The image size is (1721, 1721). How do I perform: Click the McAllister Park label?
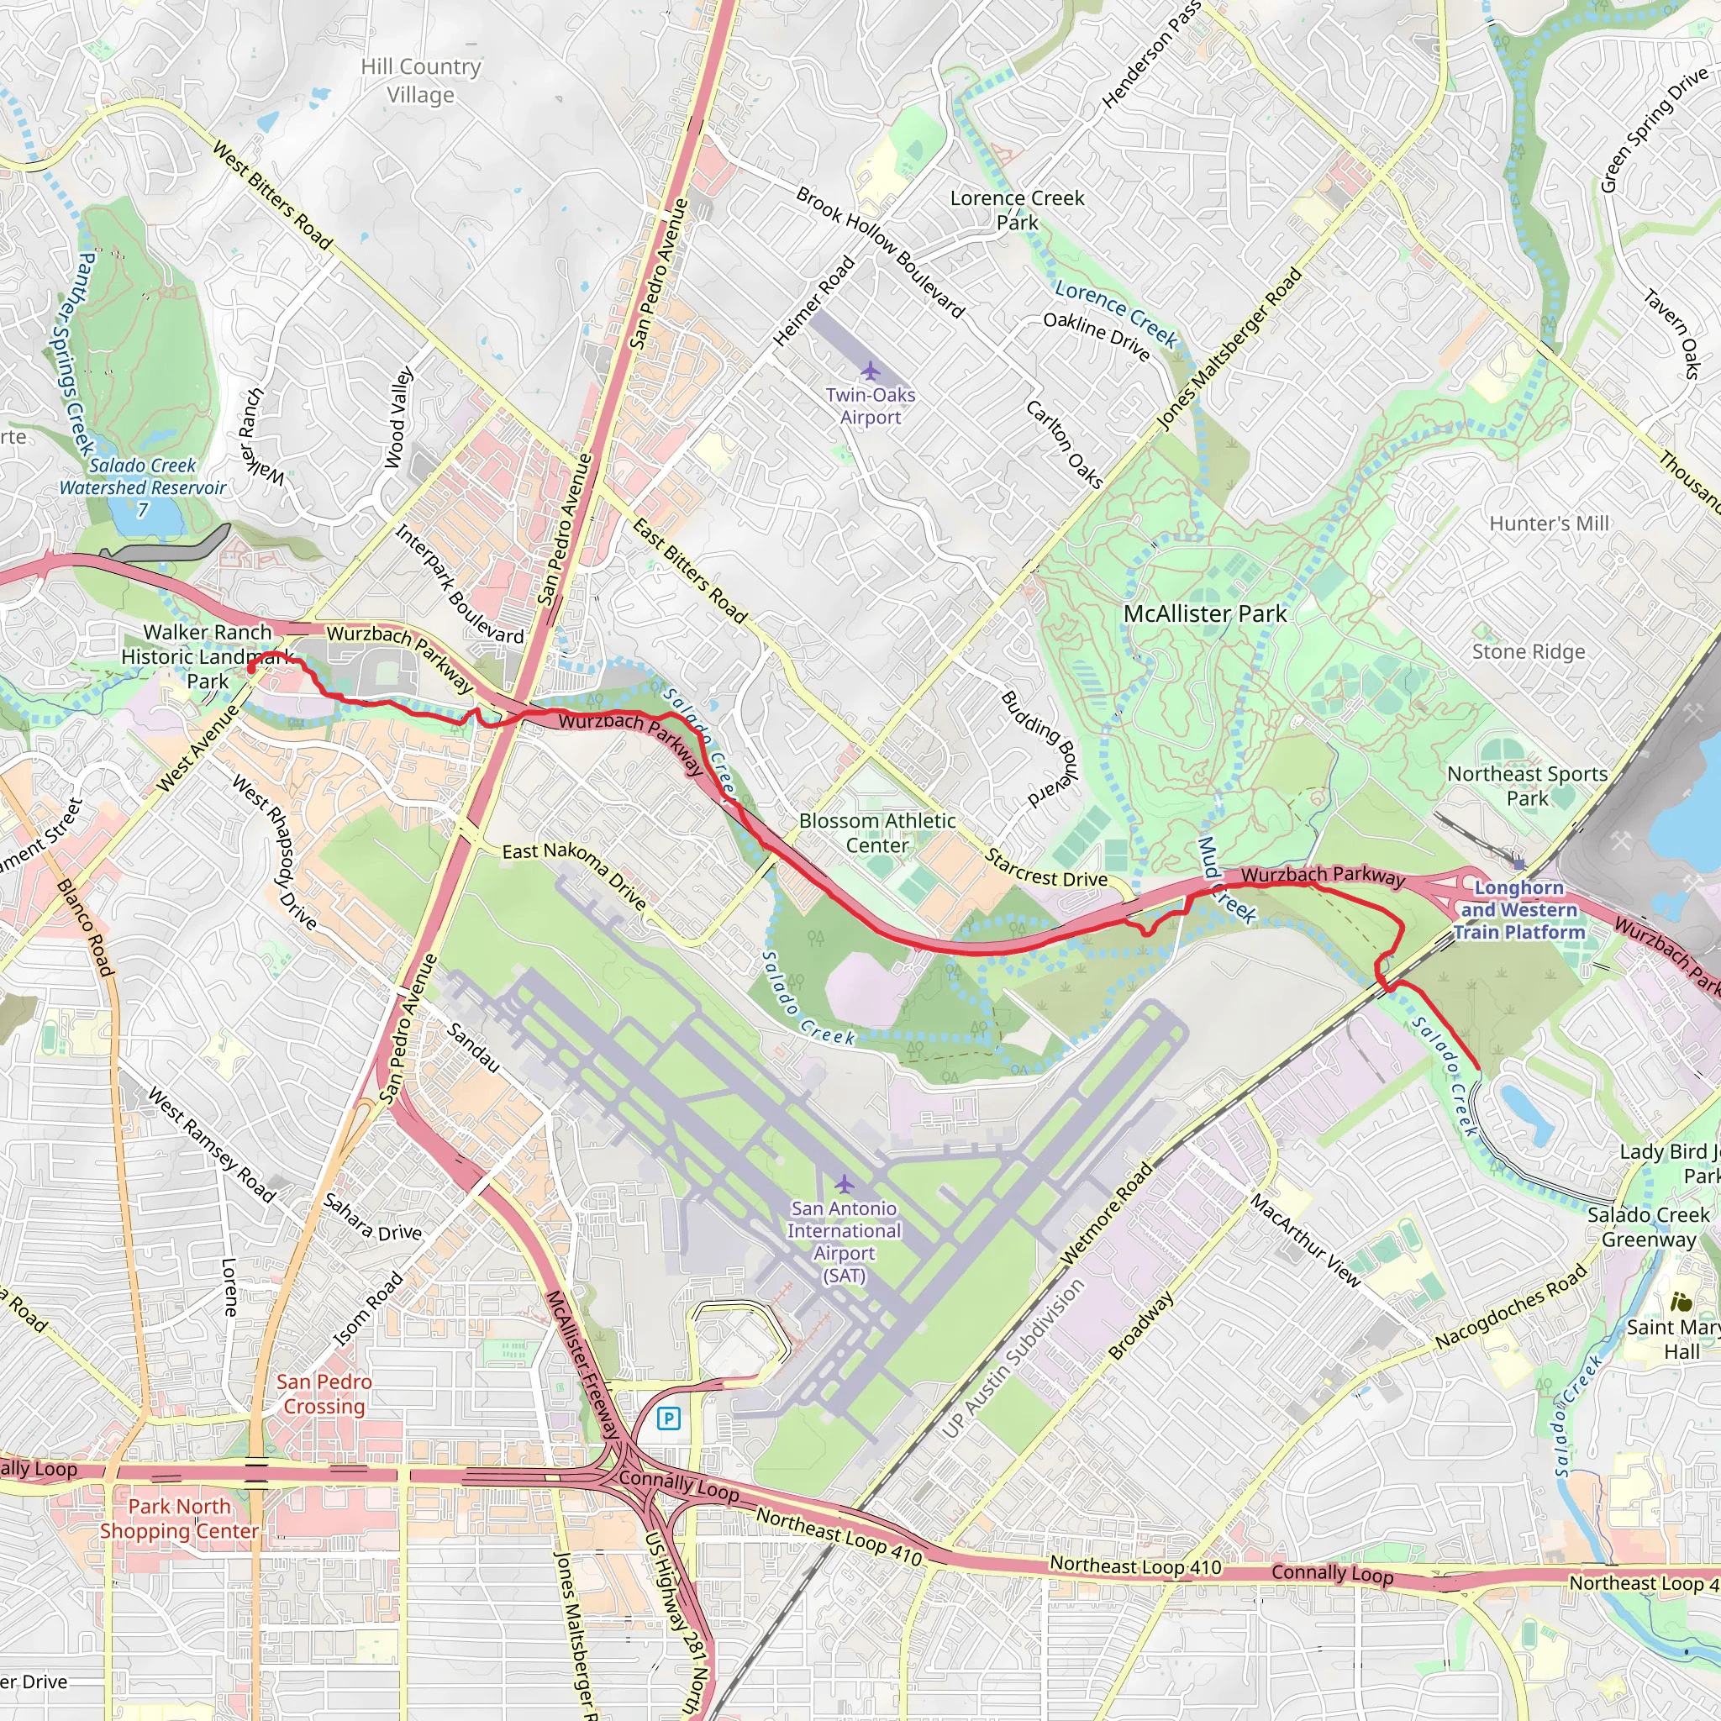tap(1204, 613)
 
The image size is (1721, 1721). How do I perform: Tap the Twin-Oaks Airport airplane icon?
tap(871, 371)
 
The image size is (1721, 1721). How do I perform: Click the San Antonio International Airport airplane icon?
tap(845, 1184)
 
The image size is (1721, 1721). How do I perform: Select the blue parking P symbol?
tap(669, 1418)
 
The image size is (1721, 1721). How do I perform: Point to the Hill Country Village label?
tap(420, 80)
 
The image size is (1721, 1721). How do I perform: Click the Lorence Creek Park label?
tap(1018, 210)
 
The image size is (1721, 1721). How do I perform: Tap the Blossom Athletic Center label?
tap(876, 833)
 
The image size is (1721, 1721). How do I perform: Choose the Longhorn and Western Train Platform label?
tap(1518, 909)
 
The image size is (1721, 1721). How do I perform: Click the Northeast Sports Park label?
tap(1527, 786)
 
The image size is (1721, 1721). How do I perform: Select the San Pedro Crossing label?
tap(324, 1393)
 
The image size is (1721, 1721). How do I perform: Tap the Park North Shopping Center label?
tap(179, 1518)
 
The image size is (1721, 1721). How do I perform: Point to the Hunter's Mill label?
tap(1549, 523)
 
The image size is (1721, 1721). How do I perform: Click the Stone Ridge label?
tap(1529, 651)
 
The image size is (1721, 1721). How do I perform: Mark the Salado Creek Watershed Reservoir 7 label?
tap(143, 487)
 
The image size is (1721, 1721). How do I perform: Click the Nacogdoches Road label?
tap(1511, 1306)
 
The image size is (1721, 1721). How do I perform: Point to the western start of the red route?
tap(250, 667)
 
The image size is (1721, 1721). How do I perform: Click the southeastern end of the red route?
tap(1478, 1068)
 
